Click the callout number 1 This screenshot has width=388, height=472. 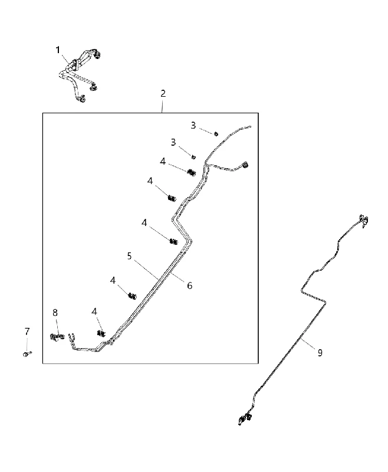(58, 50)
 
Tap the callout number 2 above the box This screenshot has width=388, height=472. (163, 93)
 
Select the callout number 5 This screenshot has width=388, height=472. (129, 256)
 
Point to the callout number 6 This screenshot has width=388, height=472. (189, 286)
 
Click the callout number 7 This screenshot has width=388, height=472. (27, 332)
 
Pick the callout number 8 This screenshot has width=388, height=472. (55, 313)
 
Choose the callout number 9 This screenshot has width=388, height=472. (320, 352)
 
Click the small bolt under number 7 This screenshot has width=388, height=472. (27, 353)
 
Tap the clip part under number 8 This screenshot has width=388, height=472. (57, 337)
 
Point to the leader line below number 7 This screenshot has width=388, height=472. (27, 344)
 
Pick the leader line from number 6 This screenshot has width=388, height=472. (177, 276)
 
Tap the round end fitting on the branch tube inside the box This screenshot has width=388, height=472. (246, 165)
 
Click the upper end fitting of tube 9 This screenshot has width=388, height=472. (364, 221)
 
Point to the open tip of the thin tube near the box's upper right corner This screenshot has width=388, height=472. (249, 127)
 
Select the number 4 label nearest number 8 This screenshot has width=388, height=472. (94, 312)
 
